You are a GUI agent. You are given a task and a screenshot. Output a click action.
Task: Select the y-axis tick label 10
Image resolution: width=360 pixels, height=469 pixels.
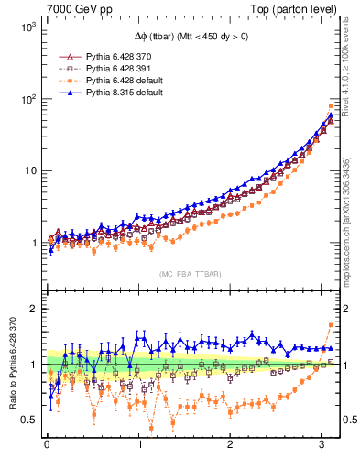tap(27, 170)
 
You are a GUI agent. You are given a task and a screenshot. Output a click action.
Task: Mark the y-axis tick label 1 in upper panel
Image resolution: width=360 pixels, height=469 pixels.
tap(31, 243)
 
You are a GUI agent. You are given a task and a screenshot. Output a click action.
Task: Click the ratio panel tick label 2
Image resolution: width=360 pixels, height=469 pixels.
tap(31, 309)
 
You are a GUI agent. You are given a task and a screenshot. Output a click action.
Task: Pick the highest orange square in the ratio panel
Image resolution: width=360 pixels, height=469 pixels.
tap(331, 325)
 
